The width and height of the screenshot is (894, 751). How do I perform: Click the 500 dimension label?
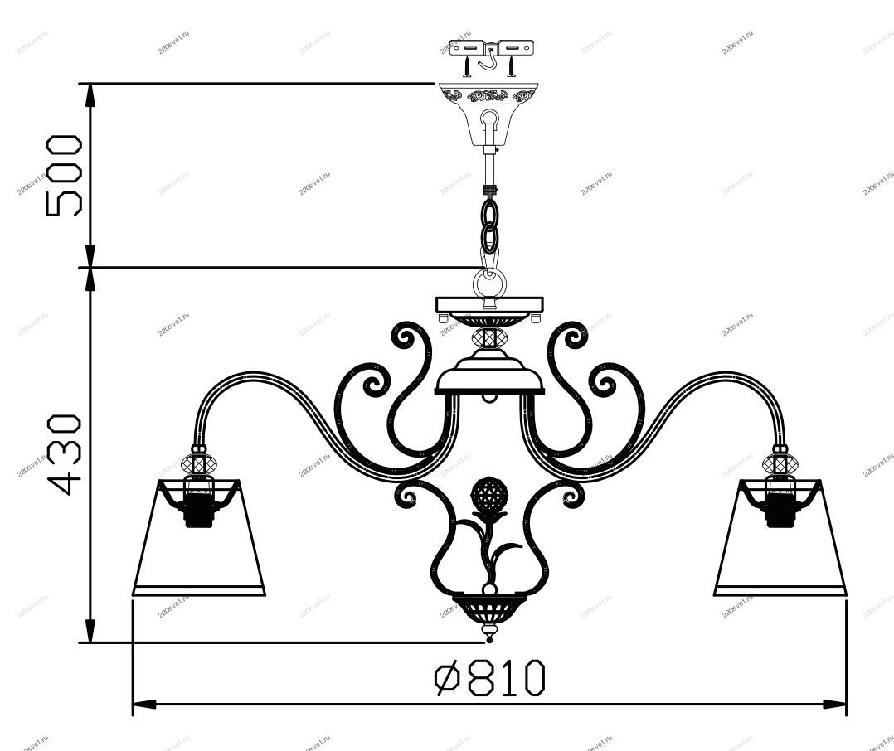click(64, 176)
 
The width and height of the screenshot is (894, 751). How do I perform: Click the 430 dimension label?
click(64, 455)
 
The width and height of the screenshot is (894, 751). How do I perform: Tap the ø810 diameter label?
click(490, 677)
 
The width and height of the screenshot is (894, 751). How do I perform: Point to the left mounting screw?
click(467, 66)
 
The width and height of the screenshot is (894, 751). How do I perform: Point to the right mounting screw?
click(512, 66)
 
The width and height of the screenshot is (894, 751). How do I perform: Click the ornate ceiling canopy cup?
click(488, 114)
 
